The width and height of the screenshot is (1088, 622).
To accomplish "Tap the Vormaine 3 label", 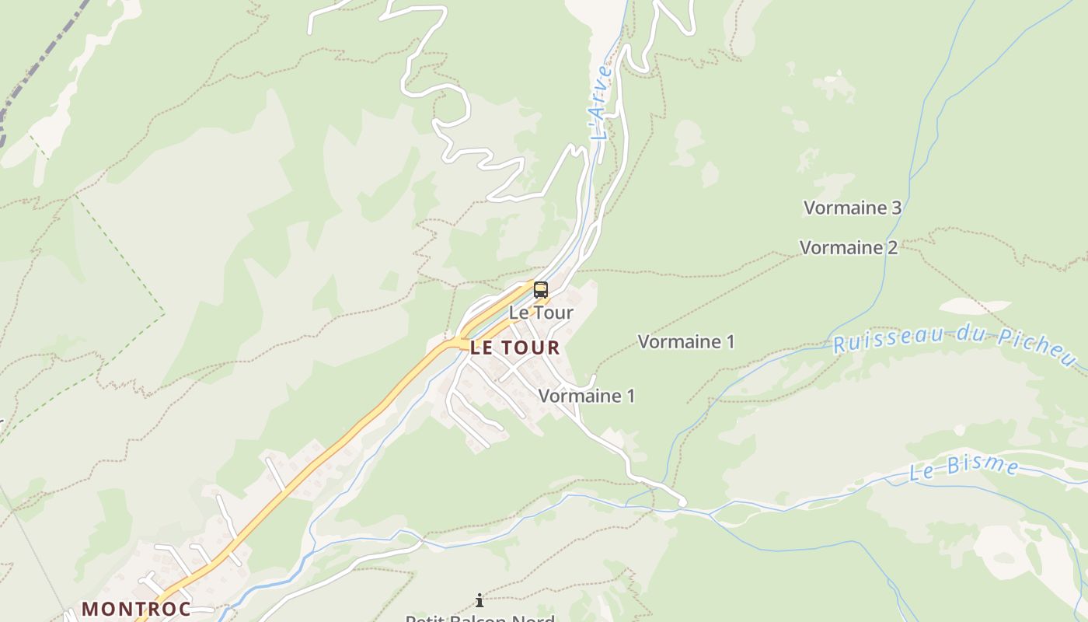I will coord(852,208).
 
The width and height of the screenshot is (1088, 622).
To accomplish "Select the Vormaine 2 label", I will coord(848,247).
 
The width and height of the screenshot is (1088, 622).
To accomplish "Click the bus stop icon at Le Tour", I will coord(540,291).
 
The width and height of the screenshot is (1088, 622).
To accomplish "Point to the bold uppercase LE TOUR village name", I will coord(514,347).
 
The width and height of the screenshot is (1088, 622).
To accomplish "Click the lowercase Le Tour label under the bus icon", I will coord(541,313).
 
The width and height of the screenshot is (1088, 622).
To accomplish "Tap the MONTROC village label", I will coord(136,608).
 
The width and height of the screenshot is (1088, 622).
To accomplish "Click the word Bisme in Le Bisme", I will coord(987,466).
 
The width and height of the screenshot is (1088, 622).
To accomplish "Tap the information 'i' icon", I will coord(479,600).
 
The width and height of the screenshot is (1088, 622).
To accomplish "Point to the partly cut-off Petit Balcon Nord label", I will coord(479,618).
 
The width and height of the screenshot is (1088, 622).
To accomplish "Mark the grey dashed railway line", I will coord(39,70).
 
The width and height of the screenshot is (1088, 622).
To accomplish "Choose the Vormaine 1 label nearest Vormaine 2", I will coord(685,341).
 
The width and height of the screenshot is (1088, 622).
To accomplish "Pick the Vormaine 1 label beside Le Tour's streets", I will coord(586,396).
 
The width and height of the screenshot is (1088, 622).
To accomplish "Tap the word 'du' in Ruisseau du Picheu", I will coord(955,335).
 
